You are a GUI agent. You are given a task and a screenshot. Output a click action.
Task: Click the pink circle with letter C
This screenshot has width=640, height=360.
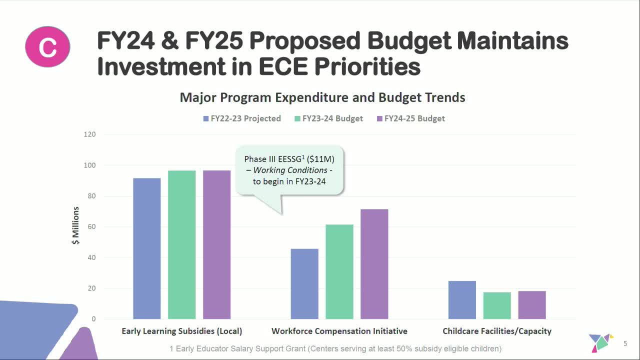click(47, 46)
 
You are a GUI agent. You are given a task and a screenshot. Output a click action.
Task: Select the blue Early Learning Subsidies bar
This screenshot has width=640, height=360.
click(147, 248)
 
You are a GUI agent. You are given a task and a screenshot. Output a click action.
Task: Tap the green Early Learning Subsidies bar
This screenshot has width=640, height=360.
click(182, 244)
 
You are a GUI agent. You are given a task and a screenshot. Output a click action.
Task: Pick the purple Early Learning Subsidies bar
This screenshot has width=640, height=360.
click(217, 244)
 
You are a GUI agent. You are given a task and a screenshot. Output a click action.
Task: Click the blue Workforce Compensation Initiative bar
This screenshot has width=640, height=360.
click(304, 283)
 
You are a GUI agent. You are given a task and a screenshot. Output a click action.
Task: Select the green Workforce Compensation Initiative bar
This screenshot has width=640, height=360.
click(339, 271)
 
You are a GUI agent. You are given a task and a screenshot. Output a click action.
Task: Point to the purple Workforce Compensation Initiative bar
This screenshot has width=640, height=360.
click(374, 264)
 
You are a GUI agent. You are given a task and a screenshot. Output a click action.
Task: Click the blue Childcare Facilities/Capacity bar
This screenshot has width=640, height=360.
click(462, 300)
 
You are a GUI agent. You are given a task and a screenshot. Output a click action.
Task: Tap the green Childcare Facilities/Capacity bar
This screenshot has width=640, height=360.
click(497, 305)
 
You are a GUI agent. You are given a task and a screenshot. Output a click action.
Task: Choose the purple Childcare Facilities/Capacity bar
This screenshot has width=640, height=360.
click(532, 305)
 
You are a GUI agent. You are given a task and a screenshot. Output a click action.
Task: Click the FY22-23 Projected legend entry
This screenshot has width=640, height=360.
click(242, 118)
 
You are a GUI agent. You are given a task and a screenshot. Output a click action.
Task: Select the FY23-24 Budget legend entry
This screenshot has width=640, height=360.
click(329, 118)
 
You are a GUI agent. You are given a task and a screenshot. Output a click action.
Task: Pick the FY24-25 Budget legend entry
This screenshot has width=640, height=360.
click(410, 118)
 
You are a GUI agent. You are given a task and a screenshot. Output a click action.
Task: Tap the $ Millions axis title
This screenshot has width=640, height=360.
click(76, 225)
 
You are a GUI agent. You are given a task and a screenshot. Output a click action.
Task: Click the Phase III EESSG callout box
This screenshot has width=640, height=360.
click(289, 170)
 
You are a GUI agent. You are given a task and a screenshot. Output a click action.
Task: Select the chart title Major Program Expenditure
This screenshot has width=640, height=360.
click(322, 97)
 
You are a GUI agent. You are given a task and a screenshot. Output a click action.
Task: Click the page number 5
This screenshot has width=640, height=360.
click(625, 343)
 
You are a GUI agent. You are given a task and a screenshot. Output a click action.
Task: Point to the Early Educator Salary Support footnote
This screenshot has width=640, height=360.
click(335, 348)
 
